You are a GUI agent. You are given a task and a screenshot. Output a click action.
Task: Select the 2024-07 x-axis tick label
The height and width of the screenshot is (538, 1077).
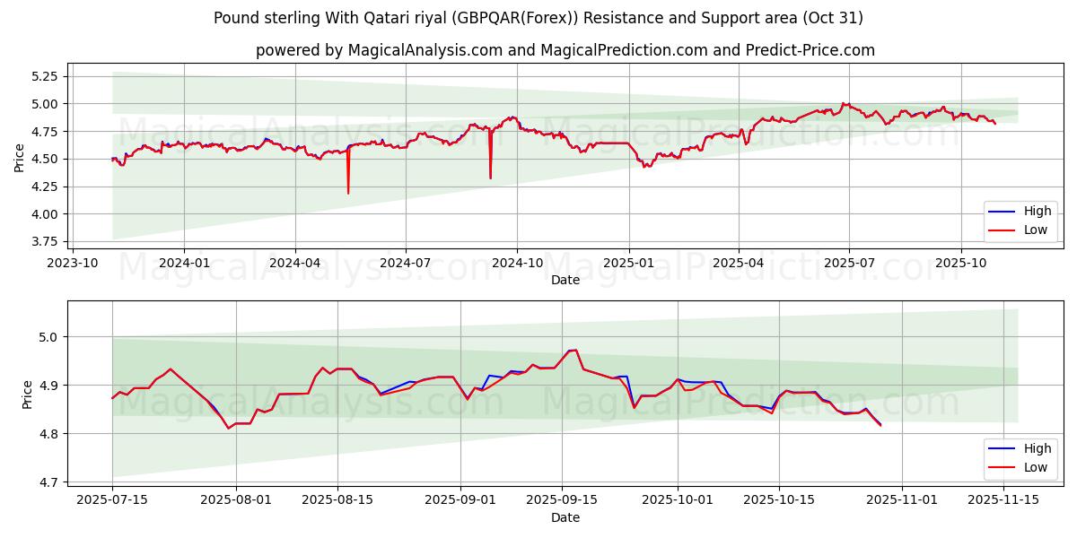click(x=405, y=262)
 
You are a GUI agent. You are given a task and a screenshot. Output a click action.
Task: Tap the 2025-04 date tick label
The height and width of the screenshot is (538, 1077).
click(x=739, y=262)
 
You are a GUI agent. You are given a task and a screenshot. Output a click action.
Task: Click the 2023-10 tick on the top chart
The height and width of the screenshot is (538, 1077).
click(x=73, y=262)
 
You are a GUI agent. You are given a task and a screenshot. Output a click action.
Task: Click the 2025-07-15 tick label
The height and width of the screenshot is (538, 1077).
click(x=112, y=499)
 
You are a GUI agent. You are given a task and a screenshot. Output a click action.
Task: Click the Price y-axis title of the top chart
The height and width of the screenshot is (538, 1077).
click(x=20, y=159)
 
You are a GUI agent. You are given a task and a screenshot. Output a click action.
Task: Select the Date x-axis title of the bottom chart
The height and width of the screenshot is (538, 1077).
click(x=565, y=517)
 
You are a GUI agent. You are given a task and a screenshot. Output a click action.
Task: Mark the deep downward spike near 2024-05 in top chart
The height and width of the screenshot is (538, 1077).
click(x=348, y=192)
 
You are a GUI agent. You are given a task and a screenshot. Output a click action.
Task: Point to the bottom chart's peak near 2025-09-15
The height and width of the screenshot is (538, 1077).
click(x=573, y=350)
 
